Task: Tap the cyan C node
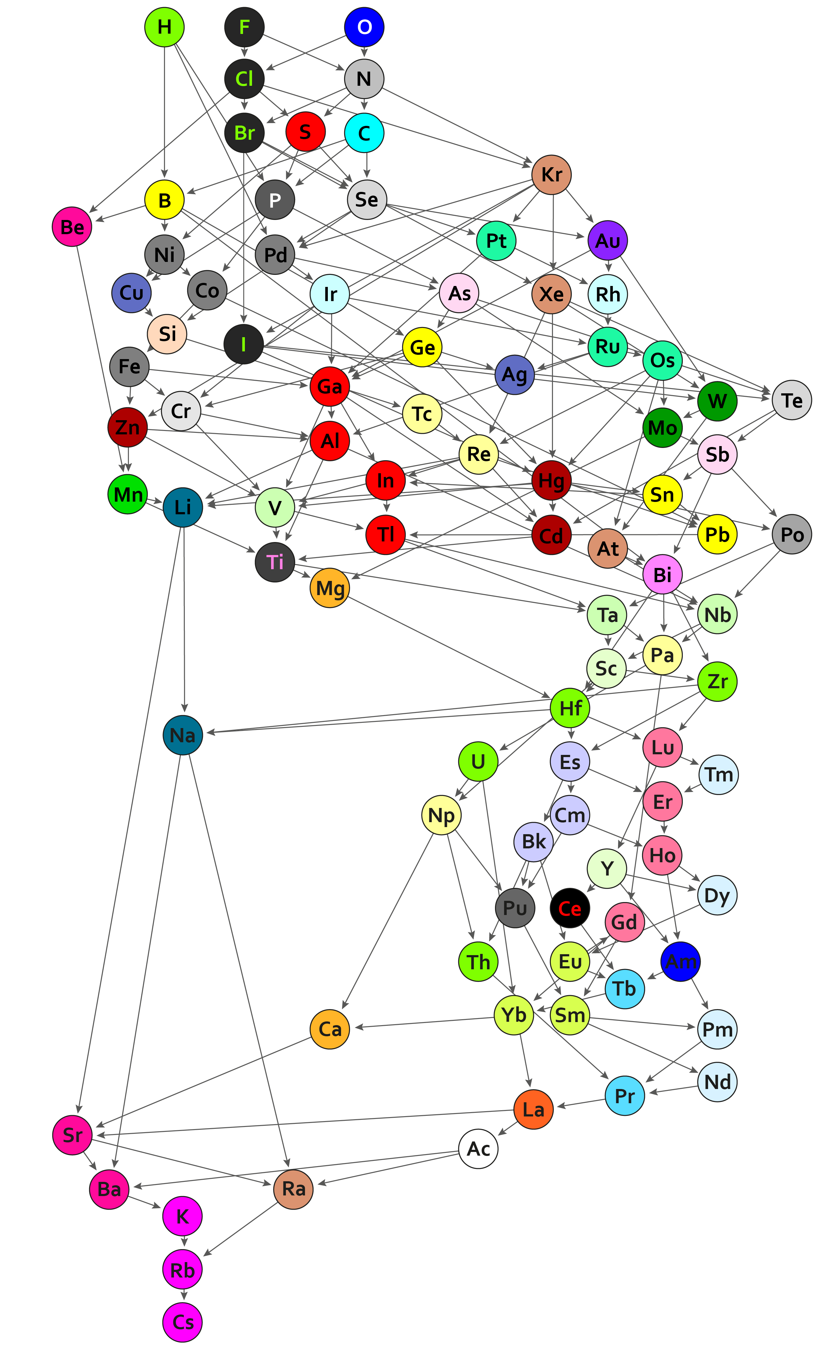click(364, 133)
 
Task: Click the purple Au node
click(608, 240)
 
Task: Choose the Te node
click(792, 400)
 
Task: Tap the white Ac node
click(478, 1149)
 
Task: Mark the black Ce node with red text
click(570, 908)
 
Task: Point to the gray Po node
click(792, 534)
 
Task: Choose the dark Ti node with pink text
click(275, 561)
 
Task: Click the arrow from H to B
click(164, 112)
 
